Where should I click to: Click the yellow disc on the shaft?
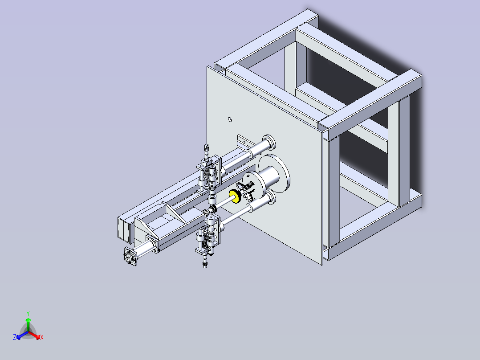pyautogui.click(x=235, y=196)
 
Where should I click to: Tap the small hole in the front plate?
pyautogui.click(x=230, y=119)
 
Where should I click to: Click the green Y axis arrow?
pyautogui.click(x=28, y=325)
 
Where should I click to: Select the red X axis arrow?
pyautogui.click(x=34, y=335)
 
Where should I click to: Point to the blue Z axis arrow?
pyautogui.click(x=22, y=335)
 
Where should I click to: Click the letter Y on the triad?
pyautogui.click(x=28, y=313)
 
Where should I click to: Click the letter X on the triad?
pyautogui.click(x=42, y=337)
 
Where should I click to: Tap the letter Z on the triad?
pyautogui.click(x=14, y=337)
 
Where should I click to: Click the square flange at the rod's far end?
pyautogui.click(x=130, y=256)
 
